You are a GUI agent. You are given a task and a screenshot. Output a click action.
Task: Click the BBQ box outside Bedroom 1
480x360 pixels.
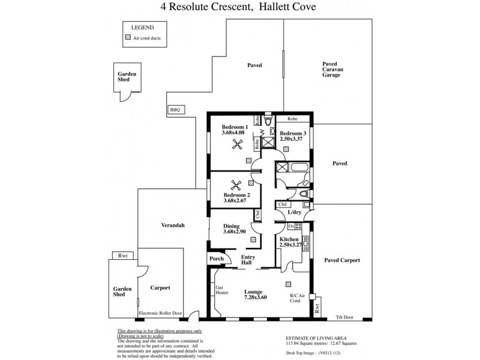click(x=175, y=109)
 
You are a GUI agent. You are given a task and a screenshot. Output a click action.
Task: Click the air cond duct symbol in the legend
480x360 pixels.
click(x=127, y=37)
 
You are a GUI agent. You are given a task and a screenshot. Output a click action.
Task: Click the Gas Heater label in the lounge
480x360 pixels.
click(x=222, y=290)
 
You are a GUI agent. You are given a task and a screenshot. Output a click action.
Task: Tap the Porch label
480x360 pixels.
click(x=216, y=259)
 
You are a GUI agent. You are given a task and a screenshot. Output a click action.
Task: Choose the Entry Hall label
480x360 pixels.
click(x=247, y=260)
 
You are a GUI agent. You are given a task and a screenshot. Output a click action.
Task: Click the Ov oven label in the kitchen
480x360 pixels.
click(x=291, y=226)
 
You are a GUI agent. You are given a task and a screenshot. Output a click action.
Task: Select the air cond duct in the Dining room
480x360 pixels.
click(x=254, y=239)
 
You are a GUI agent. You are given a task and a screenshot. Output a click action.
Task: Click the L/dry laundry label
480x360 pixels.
click(x=294, y=212)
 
